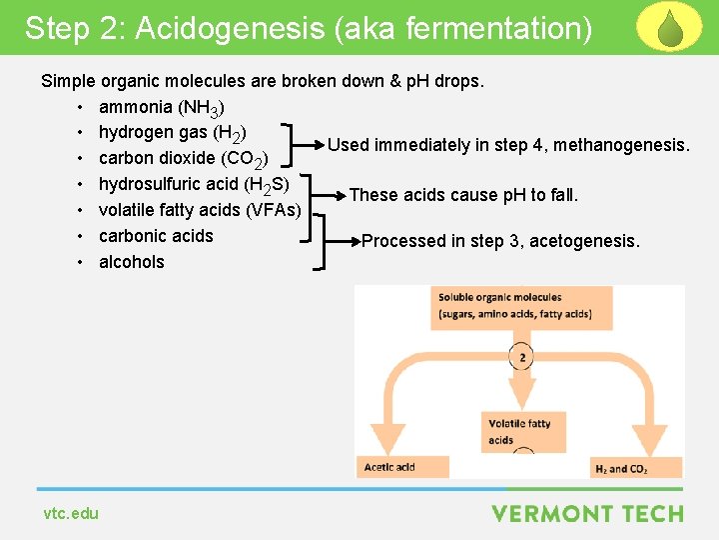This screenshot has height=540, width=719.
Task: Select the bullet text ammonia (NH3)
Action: [x=161, y=107]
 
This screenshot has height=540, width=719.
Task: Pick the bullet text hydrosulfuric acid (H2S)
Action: [x=194, y=185]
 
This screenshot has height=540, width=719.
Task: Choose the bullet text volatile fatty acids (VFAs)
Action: [x=200, y=210]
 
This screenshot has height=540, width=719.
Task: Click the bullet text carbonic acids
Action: [x=156, y=236]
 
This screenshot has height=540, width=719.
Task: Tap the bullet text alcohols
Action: [x=132, y=262]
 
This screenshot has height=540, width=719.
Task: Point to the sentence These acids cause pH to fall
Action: [x=463, y=195]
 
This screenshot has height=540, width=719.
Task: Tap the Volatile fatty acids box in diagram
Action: [x=520, y=431]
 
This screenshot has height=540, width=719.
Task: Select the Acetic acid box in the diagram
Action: [x=389, y=467]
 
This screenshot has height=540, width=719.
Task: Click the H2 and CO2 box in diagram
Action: [x=621, y=467]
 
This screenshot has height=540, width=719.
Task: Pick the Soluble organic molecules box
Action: [x=515, y=306]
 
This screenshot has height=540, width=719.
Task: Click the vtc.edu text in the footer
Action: [x=71, y=513]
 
